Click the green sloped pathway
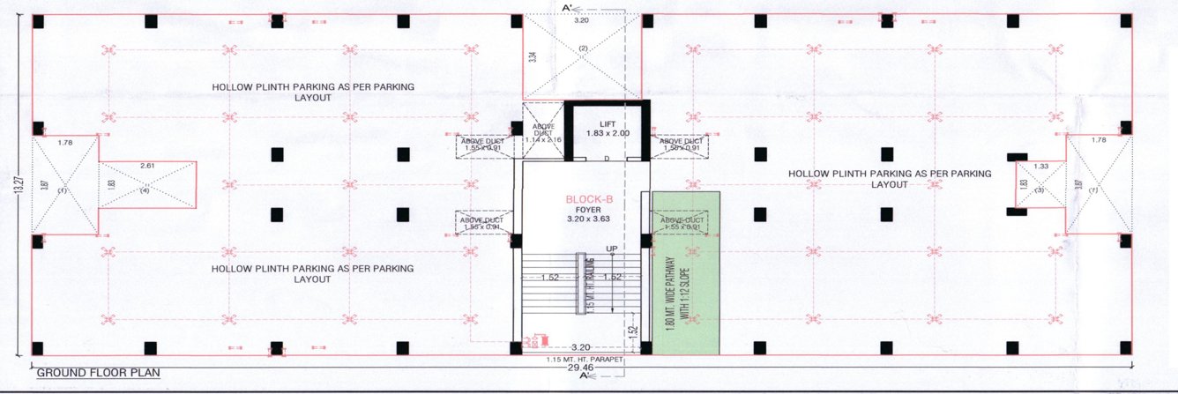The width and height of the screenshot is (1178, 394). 686,273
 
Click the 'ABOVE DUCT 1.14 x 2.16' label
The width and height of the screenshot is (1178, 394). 543,137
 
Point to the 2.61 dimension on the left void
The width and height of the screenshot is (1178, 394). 146,165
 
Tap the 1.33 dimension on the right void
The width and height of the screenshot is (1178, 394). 1041,166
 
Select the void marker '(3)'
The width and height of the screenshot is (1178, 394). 1040,190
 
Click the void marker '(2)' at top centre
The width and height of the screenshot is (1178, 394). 582,48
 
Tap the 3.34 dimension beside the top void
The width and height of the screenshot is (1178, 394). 533,57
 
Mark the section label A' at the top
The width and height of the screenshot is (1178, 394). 569,8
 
